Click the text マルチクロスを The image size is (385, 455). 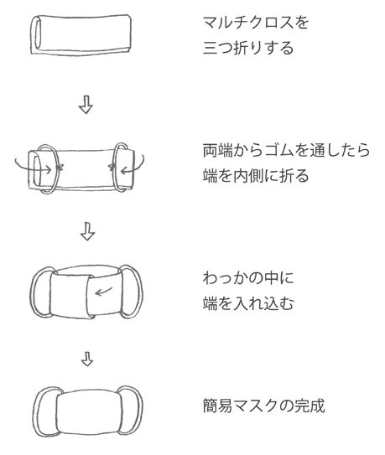click(x=256, y=23)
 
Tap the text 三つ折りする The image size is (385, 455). click(x=248, y=48)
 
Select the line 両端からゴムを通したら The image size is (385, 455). click(x=286, y=150)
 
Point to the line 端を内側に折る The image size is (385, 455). click(x=256, y=176)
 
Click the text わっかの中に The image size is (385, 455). click(x=248, y=277)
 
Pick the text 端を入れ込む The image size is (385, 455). click(x=248, y=303)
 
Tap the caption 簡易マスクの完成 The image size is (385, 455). click(x=263, y=406)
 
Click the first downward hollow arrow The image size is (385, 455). click(x=86, y=105)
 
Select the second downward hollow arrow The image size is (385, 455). click(x=87, y=231)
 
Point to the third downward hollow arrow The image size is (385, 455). click(x=87, y=359)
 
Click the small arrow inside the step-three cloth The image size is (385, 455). click(x=103, y=292)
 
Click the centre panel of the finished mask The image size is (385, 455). click(x=89, y=411)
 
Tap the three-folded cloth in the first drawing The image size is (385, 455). click(x=81, y=34)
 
